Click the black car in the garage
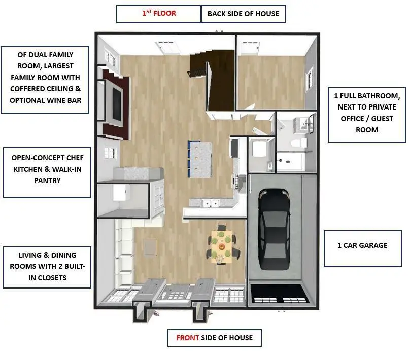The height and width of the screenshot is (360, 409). tap(275, 231)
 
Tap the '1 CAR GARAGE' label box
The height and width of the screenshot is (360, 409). tap(362, 246)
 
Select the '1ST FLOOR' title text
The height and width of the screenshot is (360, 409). tap(159, 14)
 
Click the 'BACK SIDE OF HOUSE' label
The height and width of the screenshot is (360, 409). tap(243, 14)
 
